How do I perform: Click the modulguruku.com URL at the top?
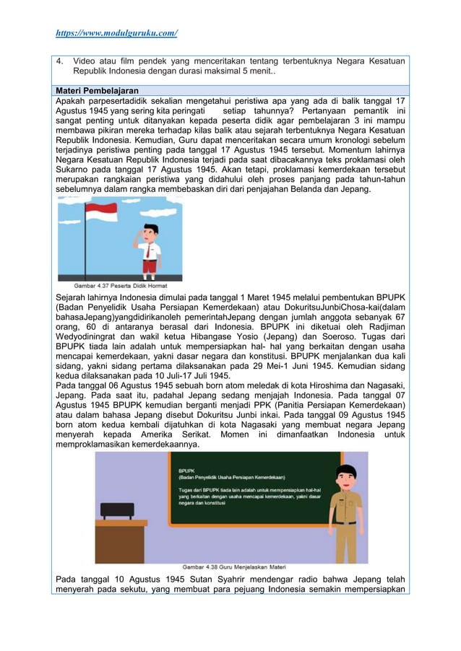117,33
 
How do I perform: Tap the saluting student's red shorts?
150,265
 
